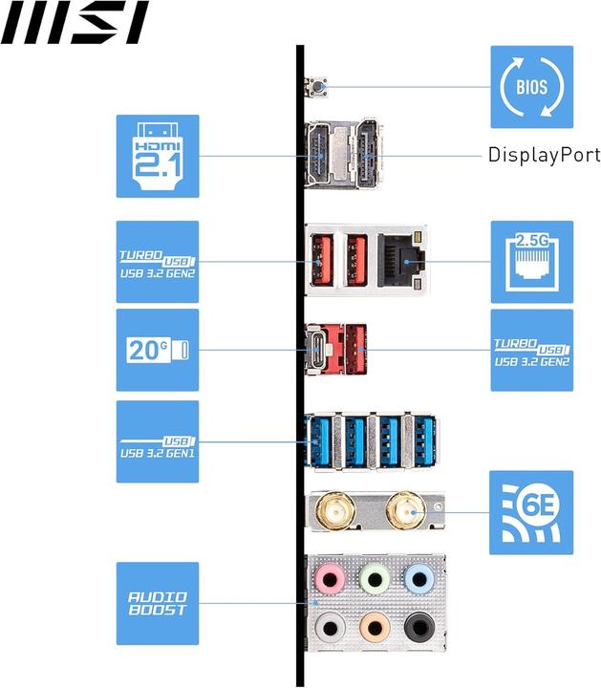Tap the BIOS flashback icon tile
(x=531, y=87)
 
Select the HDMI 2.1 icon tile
(x=158, y=156)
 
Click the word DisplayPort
(x=544, y=155)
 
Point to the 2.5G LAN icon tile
(x=531, y=262)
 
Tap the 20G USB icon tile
(x=158, y=350)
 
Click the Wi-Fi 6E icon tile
(x=531, y=512)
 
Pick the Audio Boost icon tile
(x=158, y=603)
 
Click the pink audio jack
(x=330, y=578)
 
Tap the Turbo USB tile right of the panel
(x=531, y=350)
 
